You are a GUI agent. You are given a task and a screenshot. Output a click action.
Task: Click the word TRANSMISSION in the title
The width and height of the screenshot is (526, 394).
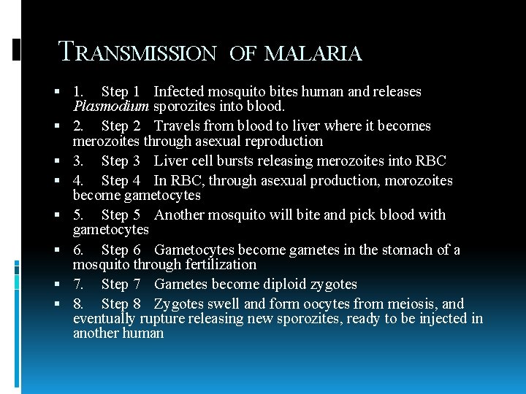[137, 53]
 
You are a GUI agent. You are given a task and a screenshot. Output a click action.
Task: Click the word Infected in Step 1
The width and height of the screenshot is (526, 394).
[179, 92]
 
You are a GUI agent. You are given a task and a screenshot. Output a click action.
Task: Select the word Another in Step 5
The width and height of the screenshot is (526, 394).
[180, 215]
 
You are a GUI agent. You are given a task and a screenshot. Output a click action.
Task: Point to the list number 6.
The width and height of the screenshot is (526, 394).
[78, 250]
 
